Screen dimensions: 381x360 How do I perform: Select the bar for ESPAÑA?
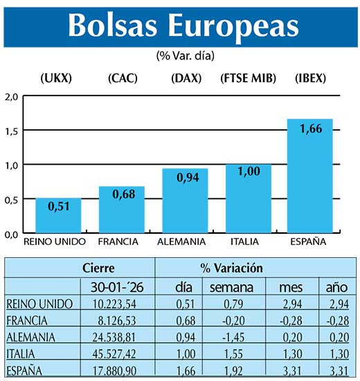click(310, 176)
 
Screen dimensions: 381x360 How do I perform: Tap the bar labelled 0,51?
click(58, 215)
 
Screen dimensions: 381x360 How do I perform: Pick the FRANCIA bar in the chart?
click(121, 210)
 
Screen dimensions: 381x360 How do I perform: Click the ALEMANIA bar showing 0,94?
click(185, 201)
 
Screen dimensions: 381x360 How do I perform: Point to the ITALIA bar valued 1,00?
click(248, 198)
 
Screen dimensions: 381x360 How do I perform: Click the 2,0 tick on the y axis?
click(11, 96)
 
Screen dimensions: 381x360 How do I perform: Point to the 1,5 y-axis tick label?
click(11, 131)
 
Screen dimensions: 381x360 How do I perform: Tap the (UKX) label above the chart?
click(57, 79)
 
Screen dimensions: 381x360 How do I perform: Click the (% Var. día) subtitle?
click(179, 55)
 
